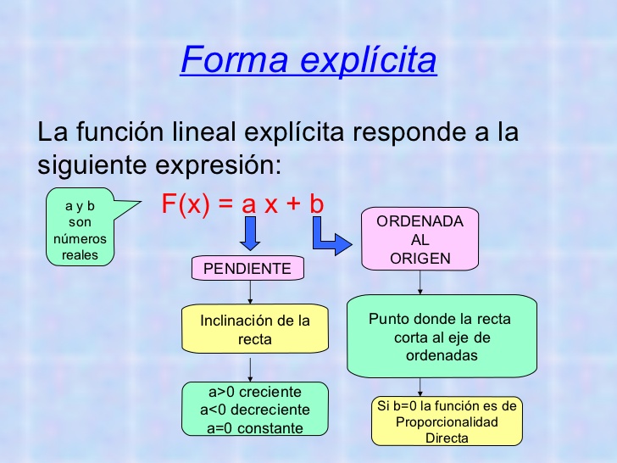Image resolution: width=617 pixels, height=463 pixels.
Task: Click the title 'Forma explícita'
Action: click(308, 61)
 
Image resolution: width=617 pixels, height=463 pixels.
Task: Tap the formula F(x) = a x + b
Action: click(243, 204)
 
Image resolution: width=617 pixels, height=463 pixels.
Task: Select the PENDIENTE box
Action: click(247, 269)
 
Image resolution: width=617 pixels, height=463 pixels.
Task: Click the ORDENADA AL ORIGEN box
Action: click(420, 238)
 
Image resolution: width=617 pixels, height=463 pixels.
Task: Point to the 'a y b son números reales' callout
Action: click(80, 226)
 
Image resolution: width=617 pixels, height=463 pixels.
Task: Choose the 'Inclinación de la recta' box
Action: click(255, 330)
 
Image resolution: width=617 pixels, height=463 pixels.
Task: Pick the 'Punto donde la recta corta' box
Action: click(442, 337)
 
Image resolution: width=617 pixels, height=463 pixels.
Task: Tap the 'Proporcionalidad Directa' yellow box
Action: click(447, 421)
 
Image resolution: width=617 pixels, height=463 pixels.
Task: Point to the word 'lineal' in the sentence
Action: click(203, 132)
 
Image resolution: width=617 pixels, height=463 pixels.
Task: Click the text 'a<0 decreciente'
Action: click(255, 410)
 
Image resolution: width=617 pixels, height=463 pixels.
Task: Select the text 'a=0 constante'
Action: click(255, 427)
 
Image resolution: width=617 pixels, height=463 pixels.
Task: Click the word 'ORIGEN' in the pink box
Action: click(420, 259)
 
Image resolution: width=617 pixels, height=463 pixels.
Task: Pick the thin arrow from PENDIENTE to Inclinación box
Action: click(250, 293)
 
